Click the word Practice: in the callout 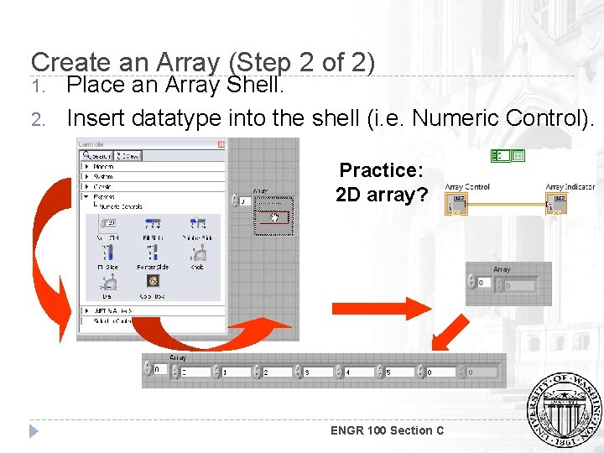(x=381, y=170)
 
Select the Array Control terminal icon (x=458, y=204)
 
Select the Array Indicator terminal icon (x=557, y=204)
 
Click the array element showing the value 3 (x=319, y=371)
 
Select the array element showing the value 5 (x=401, y=371)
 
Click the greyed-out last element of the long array (x=482, y=371)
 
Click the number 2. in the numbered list (x=37, y=119)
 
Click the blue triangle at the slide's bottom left (x=34, y=431)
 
